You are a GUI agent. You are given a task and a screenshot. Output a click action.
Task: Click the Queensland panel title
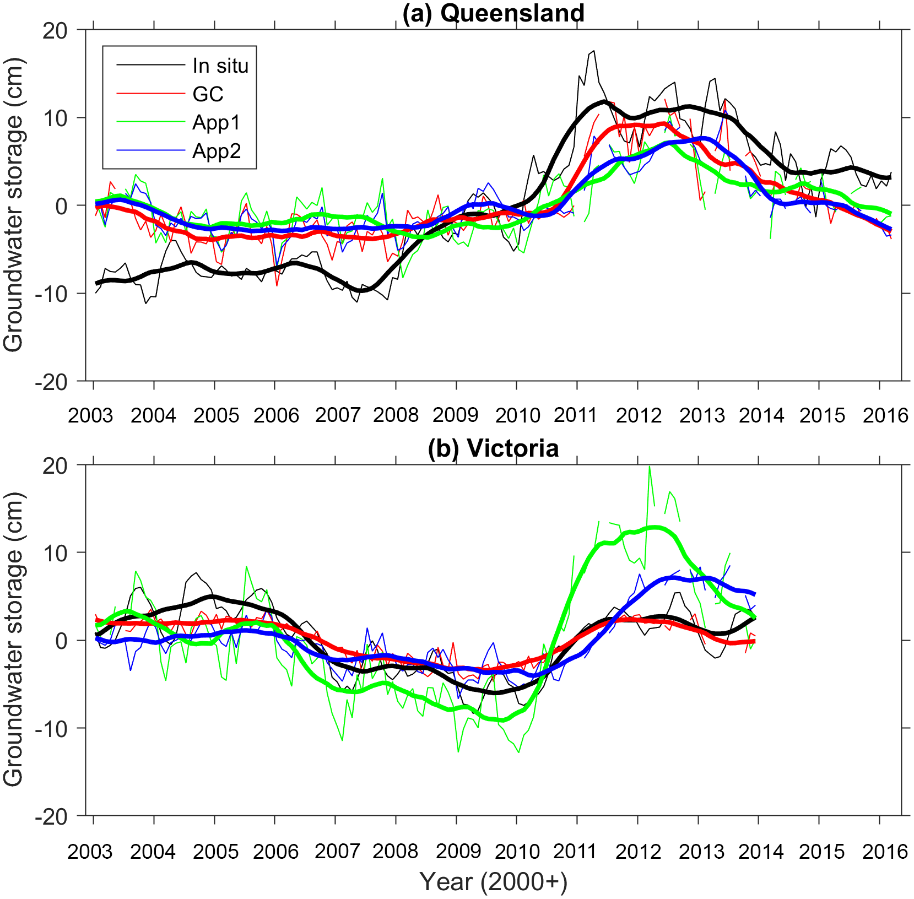493,13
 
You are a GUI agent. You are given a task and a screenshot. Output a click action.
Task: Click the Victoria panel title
493,448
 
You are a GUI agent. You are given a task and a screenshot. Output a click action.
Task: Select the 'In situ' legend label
220,66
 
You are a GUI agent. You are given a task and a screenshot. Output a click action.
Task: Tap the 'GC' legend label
208,94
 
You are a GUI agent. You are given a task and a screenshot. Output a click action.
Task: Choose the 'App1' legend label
217,122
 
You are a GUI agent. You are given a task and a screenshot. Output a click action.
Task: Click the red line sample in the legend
150,94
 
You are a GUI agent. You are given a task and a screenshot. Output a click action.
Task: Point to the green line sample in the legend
150,122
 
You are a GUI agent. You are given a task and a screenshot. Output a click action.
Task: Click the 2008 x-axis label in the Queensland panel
396,415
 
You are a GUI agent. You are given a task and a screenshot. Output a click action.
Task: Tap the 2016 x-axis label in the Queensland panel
885,415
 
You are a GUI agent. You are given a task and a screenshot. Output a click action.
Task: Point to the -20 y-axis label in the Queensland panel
51,382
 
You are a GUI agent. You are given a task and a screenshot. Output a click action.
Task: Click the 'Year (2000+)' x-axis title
493,882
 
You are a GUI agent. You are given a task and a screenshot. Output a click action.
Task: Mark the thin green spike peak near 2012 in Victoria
650,467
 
